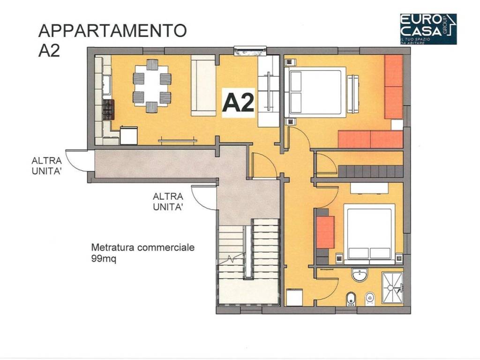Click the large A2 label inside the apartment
[x=239, y=102]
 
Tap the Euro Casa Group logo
[x=427, y=29]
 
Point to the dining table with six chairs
[x=152, y=85]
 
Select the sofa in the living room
[x=202, y=85]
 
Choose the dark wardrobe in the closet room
[x=370, y=171]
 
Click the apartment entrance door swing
[x=262, y=165]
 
